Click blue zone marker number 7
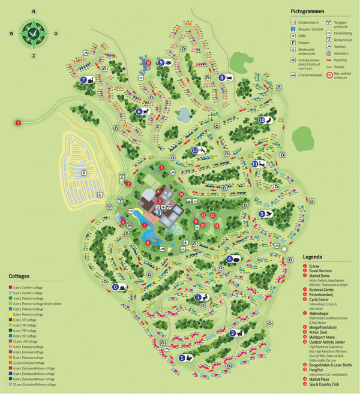(x=83, y=80)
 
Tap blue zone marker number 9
(x=161, y=62)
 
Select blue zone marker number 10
(x=262, y=120)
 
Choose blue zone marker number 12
(x=195, y=151)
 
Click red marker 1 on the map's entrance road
(x=18, y=123)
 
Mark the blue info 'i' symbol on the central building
(x=160, y=212)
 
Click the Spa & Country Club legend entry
(x=328, y=384)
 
